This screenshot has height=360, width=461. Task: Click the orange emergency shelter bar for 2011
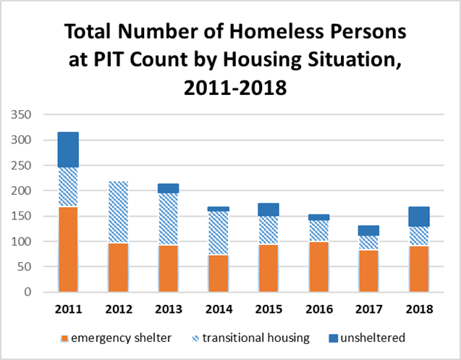(68, 249)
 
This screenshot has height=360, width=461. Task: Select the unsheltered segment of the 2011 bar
(68, 150)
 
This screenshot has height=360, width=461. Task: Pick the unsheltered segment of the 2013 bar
(168, 188)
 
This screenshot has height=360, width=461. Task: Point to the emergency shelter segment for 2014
(219, 273)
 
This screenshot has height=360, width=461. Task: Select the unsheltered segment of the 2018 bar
(418, 217)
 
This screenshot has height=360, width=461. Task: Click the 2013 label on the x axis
(168, 309)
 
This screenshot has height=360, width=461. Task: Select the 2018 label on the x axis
(418, 309)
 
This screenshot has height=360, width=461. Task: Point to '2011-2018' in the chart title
(230, 89)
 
